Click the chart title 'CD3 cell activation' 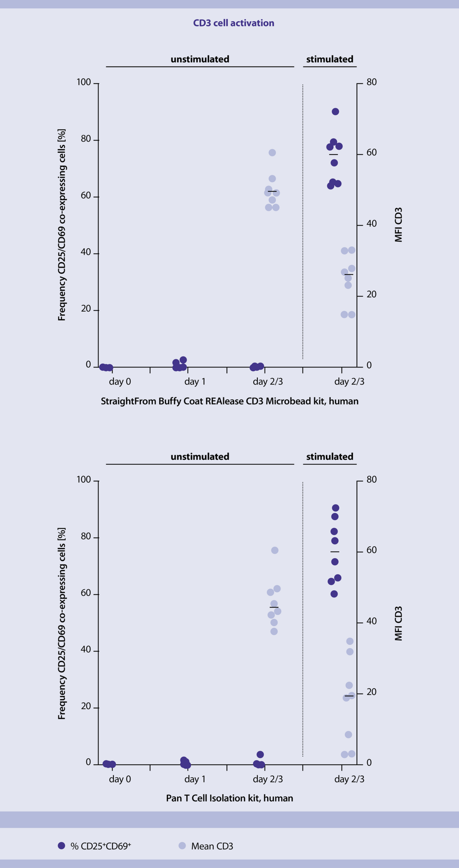(x=233, y=23)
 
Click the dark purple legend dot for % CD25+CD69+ (x=62, y=845)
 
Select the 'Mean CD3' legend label (x=212, y=846)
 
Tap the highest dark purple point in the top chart (x=335, y=112)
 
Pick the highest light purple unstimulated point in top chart (x=272, y=153)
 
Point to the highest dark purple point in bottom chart (x=336, y=508)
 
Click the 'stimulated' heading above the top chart (x=330, y=59)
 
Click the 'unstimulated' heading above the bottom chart (x=200, y=457)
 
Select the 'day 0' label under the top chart (x=120, y=382)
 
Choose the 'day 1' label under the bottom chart (x=195, y=779)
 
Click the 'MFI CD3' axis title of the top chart (x=398, y=225)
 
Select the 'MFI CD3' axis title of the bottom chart (x=398, y=623)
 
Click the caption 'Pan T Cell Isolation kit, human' (x=229, y=798)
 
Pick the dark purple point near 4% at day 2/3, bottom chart (x=260, y=755)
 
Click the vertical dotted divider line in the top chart (x=303, y=222)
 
